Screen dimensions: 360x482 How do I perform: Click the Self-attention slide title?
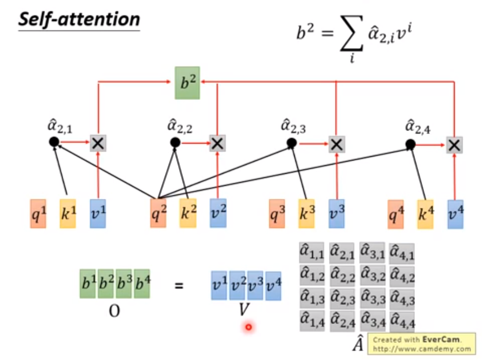79,20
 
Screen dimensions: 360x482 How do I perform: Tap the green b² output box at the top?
187,83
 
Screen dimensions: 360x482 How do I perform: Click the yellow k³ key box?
306,214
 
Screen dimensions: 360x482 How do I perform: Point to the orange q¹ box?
38,213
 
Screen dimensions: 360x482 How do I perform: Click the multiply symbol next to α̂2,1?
98,143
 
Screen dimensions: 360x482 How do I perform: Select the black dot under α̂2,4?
410,144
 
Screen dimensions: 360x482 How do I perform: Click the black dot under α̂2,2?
175,143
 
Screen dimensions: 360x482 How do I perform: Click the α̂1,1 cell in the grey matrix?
312,253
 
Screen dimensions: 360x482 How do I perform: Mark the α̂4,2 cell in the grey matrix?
402,275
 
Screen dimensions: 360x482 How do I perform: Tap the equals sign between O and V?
179,285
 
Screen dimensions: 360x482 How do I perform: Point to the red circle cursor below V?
248,327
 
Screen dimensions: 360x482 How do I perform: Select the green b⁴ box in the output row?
142,284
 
